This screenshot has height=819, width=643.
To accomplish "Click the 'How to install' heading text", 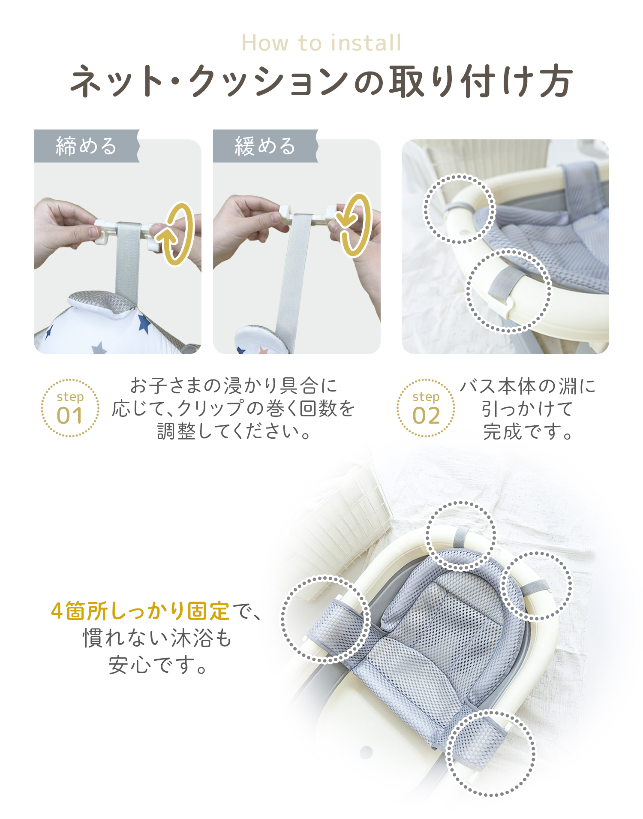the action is pyautogui.click(x=321, y=43).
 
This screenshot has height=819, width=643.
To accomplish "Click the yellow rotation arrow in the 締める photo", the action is pyautogui.click(x=176, y=234).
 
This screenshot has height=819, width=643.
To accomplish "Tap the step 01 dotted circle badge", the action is pyautogui.click(x=70, y=408).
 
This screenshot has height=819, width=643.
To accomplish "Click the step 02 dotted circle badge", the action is pyautogui.click(x=426, y=408).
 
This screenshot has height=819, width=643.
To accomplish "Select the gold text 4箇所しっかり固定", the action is pyautogui.click(x=141, y=611).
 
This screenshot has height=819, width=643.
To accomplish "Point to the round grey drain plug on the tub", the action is pyautogui.click(x=366, y=752).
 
